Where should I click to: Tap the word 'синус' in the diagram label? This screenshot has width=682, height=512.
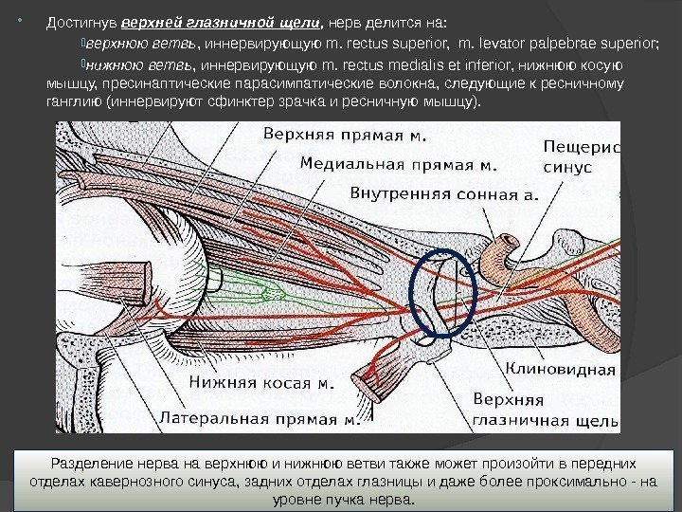(567, 166)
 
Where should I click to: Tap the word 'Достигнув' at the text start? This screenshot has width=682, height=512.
(83, 22)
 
